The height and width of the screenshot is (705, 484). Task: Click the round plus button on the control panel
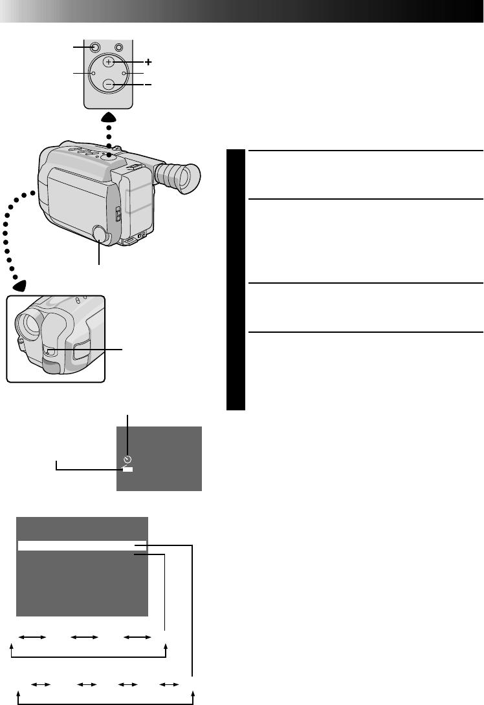[x=109, y=62]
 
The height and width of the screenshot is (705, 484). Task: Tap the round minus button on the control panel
[x=109, y=85]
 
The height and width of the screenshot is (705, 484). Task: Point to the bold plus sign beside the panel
[x=149, y=62]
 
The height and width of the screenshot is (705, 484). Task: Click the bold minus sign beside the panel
[x=149, y=85]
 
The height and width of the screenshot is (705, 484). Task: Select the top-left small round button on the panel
[x=95, y=47]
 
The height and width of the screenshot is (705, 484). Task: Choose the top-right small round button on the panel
[x=118, y=47]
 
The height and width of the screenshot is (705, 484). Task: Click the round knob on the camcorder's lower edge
[x=100, y=233]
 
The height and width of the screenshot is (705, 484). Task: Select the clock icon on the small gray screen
[x=127, y=459]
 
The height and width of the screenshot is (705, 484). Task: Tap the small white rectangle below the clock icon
[x=127, y=469]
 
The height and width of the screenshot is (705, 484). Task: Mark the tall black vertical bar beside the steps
[x=236, y=280]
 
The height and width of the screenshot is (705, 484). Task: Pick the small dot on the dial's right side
[x=124, y=74]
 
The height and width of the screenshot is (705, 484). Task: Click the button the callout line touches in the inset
[x=50, y=352]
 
